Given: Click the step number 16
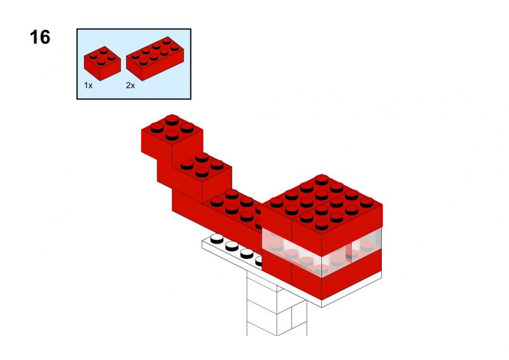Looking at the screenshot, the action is tap(40, 37).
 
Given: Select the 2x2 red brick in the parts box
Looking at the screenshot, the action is tap(102, 64).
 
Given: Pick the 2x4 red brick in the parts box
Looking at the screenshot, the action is tap(155, 59).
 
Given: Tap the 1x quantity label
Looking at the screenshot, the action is tap(88, 85).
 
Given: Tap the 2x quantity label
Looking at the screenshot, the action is tap(130, 85).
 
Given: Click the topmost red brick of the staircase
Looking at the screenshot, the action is tap(172, 138).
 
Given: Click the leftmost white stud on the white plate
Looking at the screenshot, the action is tap(217, 239).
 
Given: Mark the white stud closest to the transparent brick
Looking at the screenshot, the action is tap(259, 261).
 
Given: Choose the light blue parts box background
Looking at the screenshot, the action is tap(134, 64).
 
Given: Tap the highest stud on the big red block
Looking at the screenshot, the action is tap(321, 179).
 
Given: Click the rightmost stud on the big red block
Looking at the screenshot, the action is tap(366, 202).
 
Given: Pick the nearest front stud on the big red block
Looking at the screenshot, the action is tap(321, 225).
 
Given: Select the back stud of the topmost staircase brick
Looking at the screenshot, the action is tap(172, 120).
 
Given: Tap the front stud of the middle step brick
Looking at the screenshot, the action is tap(202, 172).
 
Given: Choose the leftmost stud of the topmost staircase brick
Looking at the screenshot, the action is tap(157, 128).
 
